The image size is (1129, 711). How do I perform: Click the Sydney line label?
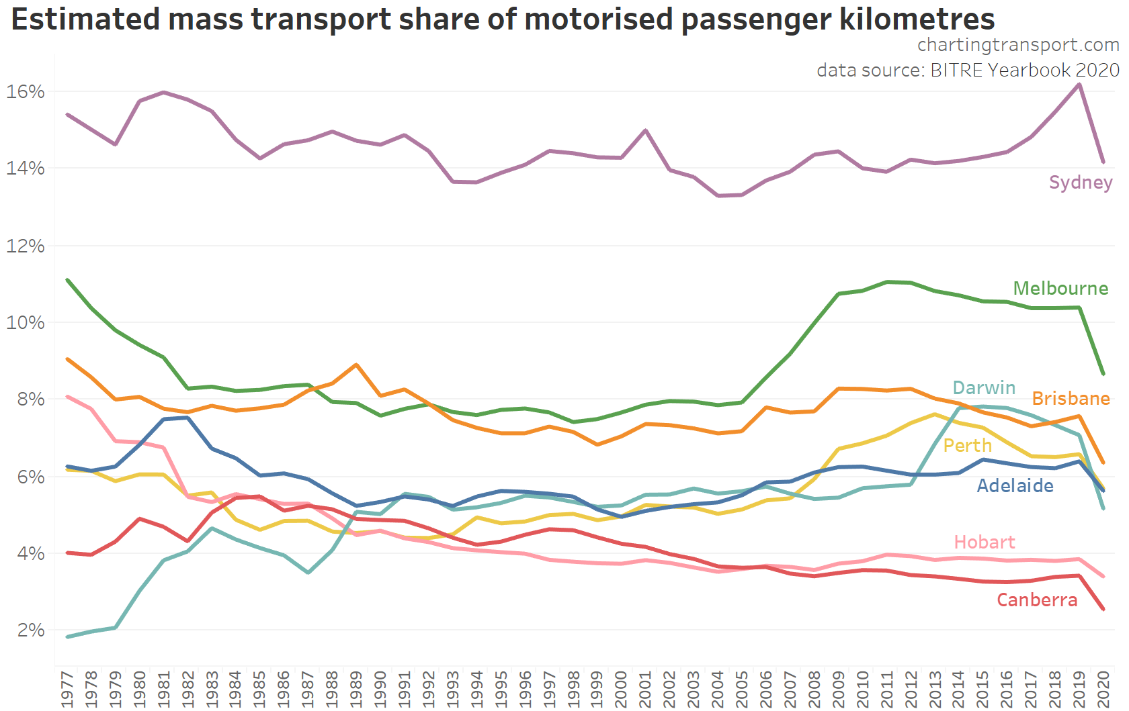(x=1080, y=183)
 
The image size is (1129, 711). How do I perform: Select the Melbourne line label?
(x=1060, y=289)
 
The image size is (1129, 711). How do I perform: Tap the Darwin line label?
(x=984, y=388)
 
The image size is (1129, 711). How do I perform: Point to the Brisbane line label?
(x=1071, y=399)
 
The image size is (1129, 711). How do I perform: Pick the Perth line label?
(x=967, y=446)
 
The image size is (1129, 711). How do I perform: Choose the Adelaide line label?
(x=1015, y=486)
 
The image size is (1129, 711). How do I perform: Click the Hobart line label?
(x=984, y=542)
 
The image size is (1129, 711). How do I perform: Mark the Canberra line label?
(x=1036, y=600)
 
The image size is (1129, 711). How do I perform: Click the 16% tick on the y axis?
(x=26, y=91)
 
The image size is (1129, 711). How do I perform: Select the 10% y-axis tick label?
(x=26, y=323)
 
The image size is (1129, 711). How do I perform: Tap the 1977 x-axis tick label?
(x=67, y=689)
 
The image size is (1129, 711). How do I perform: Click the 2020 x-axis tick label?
(x=1103, y=689)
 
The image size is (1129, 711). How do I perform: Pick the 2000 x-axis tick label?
(x=621, y=689)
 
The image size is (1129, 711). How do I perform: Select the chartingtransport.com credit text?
(x=1018, y=45)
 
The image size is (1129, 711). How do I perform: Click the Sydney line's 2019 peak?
(x=1079, y=85)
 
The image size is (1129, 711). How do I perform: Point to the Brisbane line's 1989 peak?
(x=356, y=365)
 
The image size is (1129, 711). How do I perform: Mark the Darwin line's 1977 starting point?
(x=67, y=636)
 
